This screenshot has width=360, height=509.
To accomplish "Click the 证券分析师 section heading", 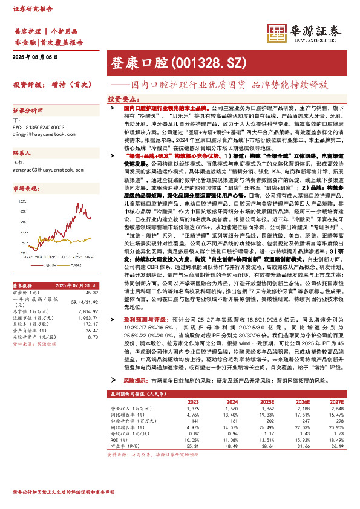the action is click(28, 111).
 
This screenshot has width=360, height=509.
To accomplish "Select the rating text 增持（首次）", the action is click(70, 85).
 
